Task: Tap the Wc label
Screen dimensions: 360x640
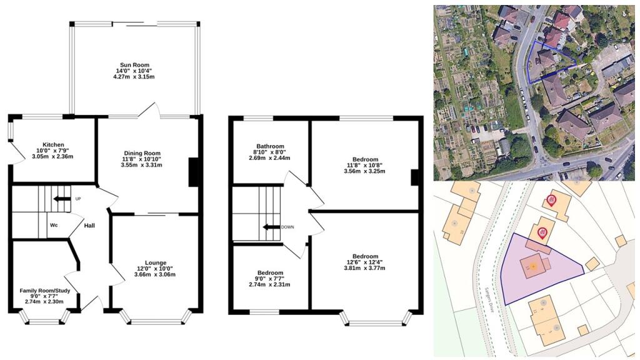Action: (54, 226)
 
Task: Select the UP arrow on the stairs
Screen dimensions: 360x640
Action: (62, 199)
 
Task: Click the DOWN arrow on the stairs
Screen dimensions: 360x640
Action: (271, 227)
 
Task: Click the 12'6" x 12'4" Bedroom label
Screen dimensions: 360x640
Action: (365, 256)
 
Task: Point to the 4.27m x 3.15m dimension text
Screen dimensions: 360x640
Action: (134, 77)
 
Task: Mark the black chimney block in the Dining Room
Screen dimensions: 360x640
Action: (194, 172)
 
